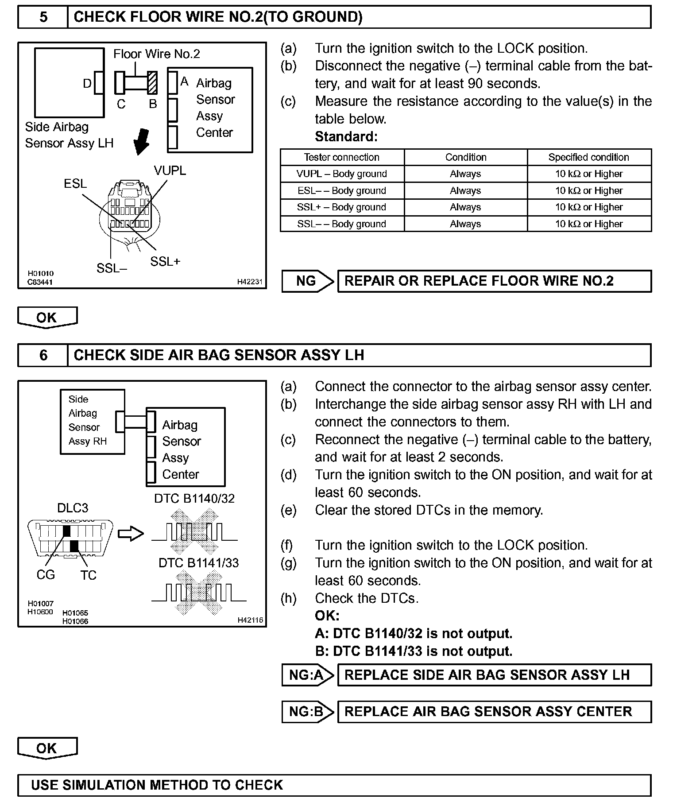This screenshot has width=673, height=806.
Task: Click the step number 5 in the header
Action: point(43,17)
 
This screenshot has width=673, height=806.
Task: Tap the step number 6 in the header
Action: point(43,355)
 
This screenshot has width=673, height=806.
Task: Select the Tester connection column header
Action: point(342,157)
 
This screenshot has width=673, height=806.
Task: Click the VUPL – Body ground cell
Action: point(342,174)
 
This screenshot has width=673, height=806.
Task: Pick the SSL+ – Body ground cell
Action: point(342,207)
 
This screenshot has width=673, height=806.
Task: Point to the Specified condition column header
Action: point(588,157)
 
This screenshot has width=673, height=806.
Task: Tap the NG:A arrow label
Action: point(307,675)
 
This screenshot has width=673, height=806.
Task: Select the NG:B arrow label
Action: point(307,712)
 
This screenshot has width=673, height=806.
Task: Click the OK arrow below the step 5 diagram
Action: point(47,318)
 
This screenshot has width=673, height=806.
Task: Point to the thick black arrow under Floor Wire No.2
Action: point(142,141)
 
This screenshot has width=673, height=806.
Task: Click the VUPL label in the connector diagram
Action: point(170,171)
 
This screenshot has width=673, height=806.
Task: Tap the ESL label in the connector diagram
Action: point(75,184)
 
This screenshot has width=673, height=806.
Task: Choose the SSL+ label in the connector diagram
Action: point(165,262)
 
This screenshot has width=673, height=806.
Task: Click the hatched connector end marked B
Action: point(152,83)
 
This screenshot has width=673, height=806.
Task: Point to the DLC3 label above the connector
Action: point(73,508)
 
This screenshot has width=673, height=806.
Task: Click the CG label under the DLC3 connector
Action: point(46,575)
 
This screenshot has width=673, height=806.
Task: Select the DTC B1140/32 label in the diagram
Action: point(194,499)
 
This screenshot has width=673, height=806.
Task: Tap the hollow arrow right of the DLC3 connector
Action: point(131,534)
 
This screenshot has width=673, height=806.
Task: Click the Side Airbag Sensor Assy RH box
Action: point(92,421)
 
